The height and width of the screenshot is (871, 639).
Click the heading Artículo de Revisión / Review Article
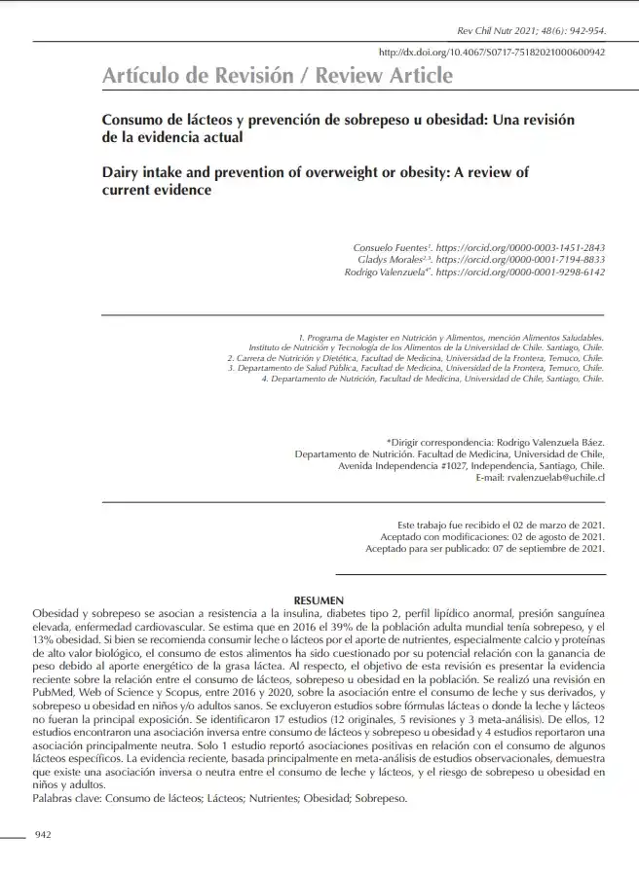tap(278, 75)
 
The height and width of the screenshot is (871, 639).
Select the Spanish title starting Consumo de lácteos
tap(338, 128)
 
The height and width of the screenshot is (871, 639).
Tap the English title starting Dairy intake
tap(315, 182)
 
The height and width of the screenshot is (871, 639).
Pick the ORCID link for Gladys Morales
tap(520, 261)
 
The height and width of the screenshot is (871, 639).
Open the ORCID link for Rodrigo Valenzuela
tap(520, 273)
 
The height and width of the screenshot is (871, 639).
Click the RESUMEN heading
tap(319, 600)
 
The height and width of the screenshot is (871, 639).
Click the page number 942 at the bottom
tap(43, 835)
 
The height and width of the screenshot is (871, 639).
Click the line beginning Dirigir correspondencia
tap(496, 441)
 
